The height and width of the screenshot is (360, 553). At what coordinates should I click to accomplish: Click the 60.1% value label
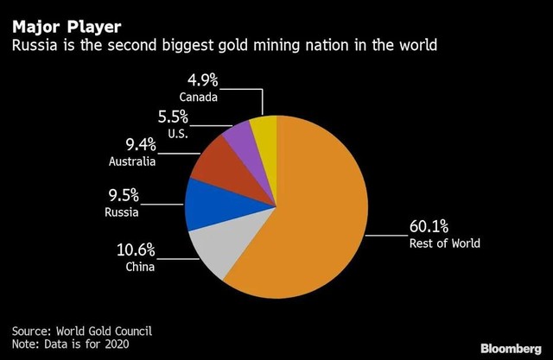(x=428, y=228)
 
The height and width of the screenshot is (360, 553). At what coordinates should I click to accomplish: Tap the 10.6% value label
(x=136, y=251)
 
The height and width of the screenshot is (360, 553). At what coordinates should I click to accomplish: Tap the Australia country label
(x=132, y=161)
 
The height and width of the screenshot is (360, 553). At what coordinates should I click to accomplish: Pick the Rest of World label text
(x=444, y=244)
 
